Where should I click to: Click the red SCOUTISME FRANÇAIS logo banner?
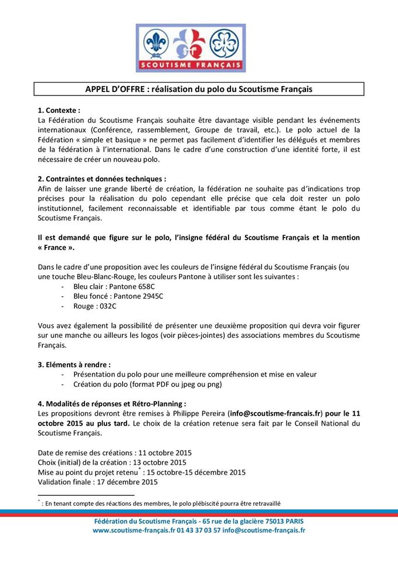click(x=191, y=65)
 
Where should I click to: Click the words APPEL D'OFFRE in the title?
click(x=114, y=89)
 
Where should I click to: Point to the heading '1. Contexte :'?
click(x=59, y=110)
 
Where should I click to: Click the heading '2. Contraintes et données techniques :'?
click(x=101, y=179)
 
